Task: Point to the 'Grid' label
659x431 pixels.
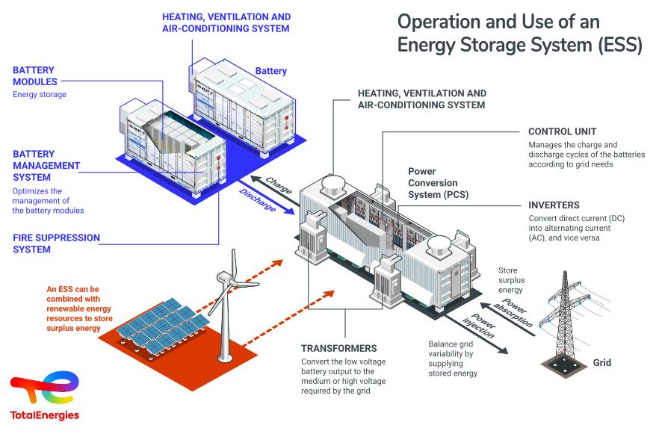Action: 601,363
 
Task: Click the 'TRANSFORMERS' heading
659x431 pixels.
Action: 338,348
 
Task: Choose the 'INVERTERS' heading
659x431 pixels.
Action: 554,205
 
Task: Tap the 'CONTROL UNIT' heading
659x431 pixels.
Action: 562,131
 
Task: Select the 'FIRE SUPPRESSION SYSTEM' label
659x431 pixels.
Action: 56,244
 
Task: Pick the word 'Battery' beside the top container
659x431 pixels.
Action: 270,71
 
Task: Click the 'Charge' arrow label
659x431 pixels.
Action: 279,183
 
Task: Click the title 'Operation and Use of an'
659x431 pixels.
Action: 498,21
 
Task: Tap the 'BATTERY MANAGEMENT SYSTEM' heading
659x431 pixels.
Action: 46,166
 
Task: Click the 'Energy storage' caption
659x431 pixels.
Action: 40,95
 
